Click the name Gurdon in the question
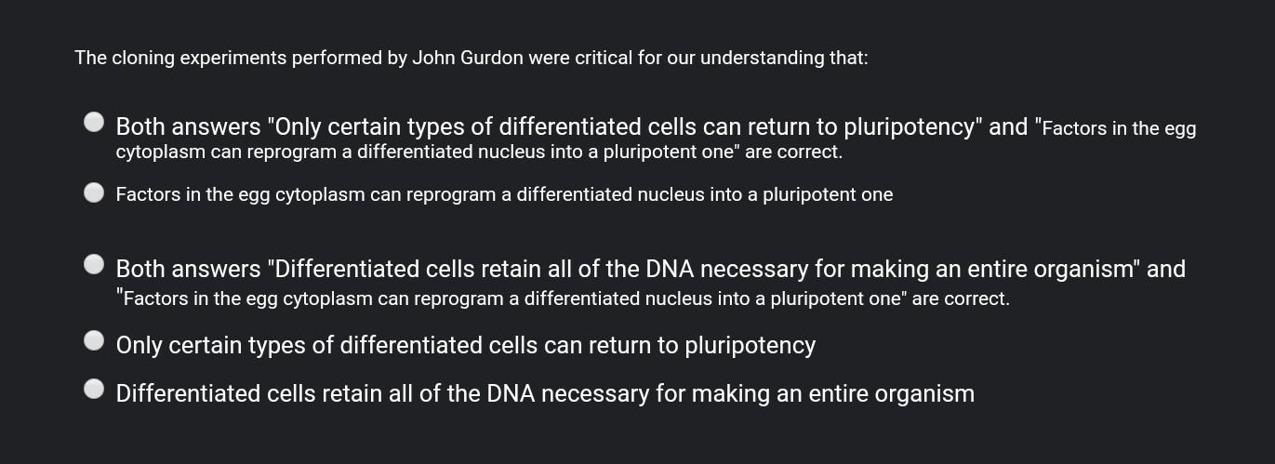pyautogui.click(x=490, y=59)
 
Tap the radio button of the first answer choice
pyautogui.click(x=94, y=122)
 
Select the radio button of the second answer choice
pyautogui.click(x=94, y=192)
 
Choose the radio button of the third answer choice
pyautogui.click(x=94, y=264)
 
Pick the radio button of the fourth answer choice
pyautogui.click(x=94, y=340)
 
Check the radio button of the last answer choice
pyautogui.click(x=94, y=389)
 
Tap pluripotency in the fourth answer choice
pyautogui.click(x=750, y=346)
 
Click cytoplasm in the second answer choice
pyautogui.click(x=320, y=195)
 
